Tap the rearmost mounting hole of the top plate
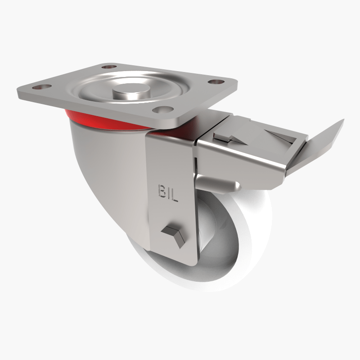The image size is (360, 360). coord(107,67)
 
